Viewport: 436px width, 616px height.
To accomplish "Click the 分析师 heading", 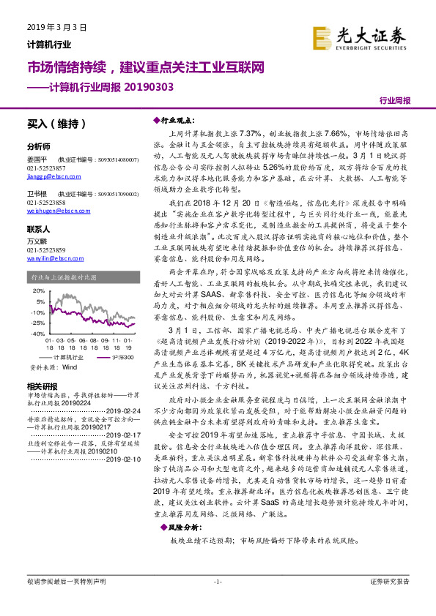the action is coord(38,146).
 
